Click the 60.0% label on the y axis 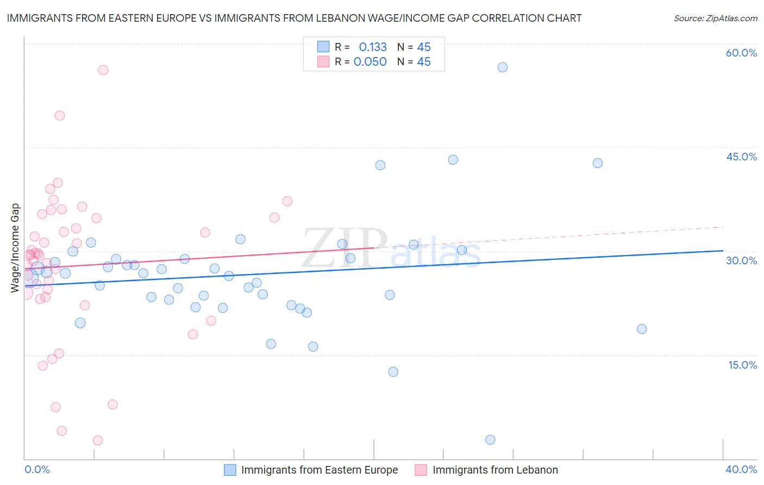point(741,53)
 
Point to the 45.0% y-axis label point(741,157)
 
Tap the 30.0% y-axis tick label point(741,260)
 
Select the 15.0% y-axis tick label point(742,365)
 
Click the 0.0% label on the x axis point(37,469)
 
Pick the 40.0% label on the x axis point(741,469)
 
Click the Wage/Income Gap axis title point(15,248)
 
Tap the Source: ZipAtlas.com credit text point(715,18)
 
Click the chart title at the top point(294,18)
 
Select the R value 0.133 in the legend point(373,47)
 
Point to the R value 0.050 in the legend point(370,61)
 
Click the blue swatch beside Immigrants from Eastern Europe point(230,470)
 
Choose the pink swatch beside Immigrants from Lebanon point(421,470)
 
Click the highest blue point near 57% point(503,67)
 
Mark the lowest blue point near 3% point(490,440)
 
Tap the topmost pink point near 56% point(103,70)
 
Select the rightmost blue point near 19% point(642,329)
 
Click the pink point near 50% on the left point(60,115)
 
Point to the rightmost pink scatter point point(287,201)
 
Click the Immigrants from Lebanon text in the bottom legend point(495,470)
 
